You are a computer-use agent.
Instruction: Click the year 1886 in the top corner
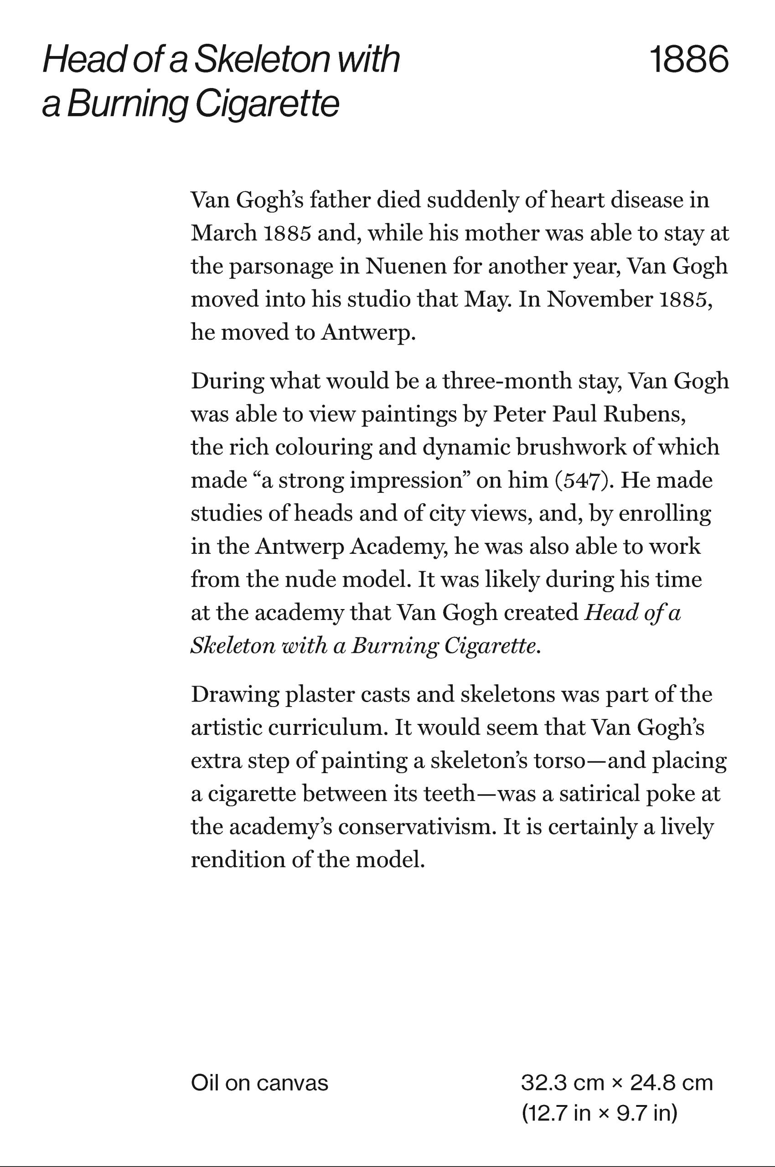[x=688, y=60]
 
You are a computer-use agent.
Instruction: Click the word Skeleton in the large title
[x=262, y=60]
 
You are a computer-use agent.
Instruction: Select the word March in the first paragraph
[x=223, y=233]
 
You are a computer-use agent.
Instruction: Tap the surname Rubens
[x=644, y=414]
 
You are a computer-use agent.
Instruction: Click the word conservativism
[x=416, y=827]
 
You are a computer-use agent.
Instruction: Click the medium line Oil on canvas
[x=259, y=1084]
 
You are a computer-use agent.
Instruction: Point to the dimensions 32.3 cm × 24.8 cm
[x=617, y=1084]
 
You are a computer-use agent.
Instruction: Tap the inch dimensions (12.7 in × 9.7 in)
[x=599, y=1114]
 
